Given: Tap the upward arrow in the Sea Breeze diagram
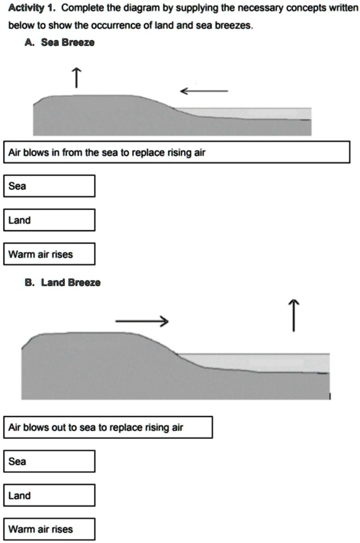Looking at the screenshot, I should (77, 78).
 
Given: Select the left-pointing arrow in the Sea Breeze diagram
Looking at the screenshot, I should (204, 91).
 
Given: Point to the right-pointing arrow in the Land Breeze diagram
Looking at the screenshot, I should (142, 321).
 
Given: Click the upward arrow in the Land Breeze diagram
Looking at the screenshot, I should (294, 315).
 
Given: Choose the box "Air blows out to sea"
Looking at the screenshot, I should (108, 427).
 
